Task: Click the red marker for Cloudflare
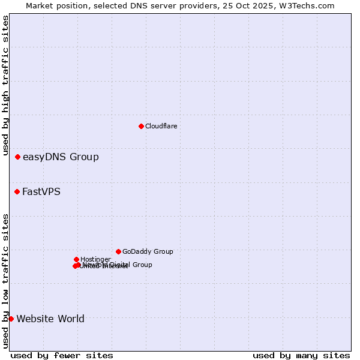[x=141, y=126]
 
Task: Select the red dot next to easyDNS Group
[x=18, y=157]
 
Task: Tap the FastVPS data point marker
[x=17, y=192]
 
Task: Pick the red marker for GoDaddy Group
[x=118, y=251]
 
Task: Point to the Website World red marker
[x=11, y=319]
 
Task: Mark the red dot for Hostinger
[x=76, y=259]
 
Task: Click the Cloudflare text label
[x=161, y=126]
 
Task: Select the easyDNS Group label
[x=61, y=157]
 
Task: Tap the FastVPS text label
[x=41, y=192]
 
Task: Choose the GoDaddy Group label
[x=148, y=251]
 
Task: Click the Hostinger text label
[x=95, y=259]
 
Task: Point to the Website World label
[x=50, y=319]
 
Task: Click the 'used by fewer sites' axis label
[x=62, y=355]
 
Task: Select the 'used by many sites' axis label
[x=301, y=355]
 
